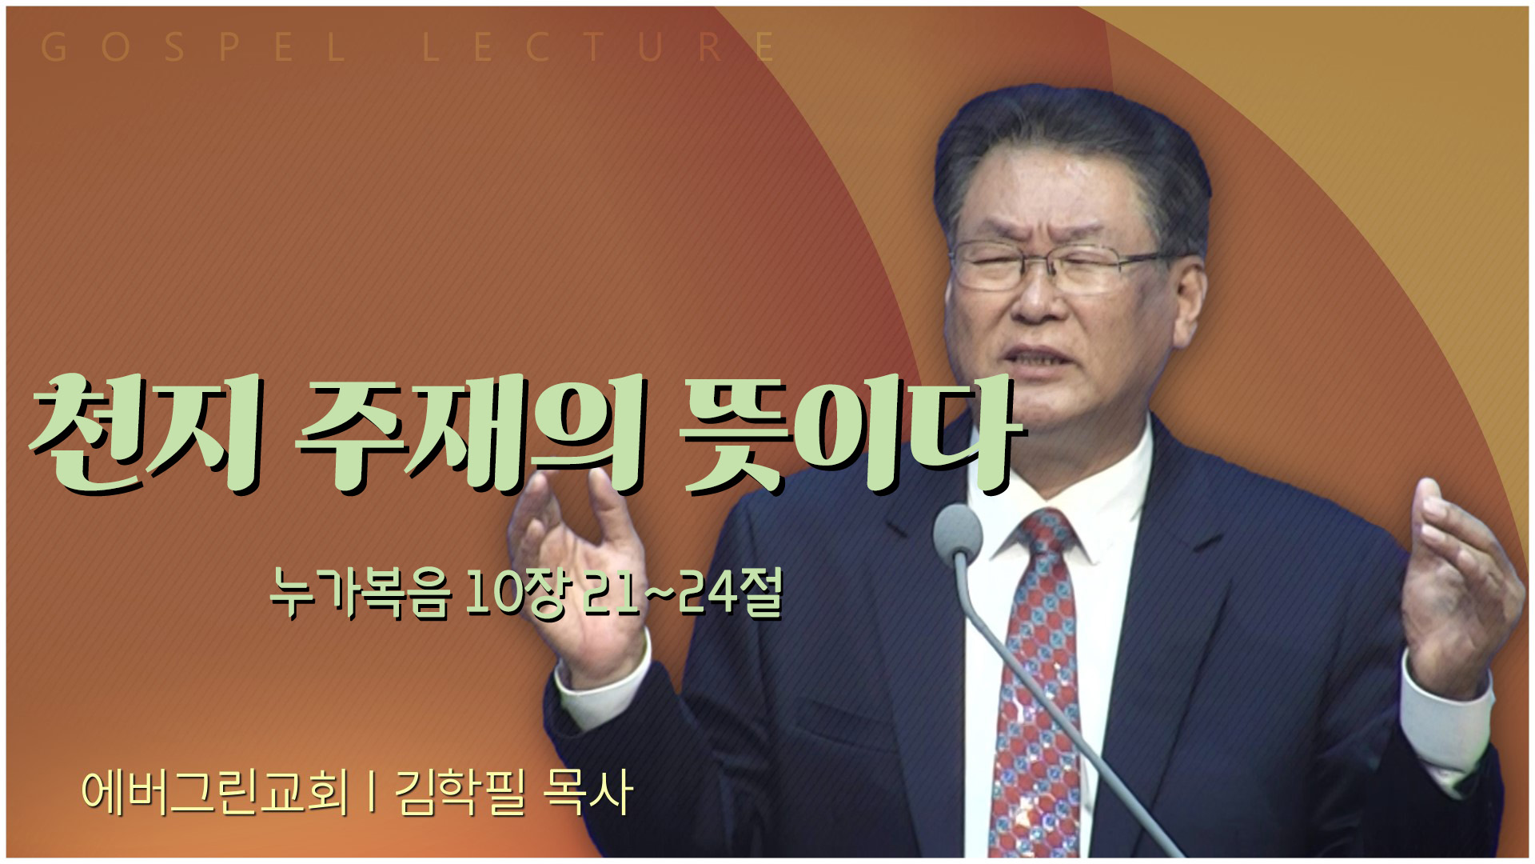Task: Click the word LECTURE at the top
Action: tap(599, 47)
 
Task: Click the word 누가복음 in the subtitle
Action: tap(361, 594)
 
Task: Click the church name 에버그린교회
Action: tap(216, 792)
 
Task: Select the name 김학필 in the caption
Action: tap(459, 792)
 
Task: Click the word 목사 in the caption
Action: tap(588, 792)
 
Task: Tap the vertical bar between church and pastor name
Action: tap(372, 793)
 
